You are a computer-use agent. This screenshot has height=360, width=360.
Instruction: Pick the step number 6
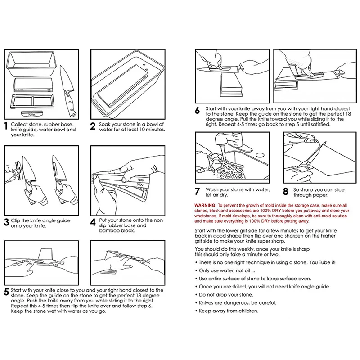click(x=197, y=111)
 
